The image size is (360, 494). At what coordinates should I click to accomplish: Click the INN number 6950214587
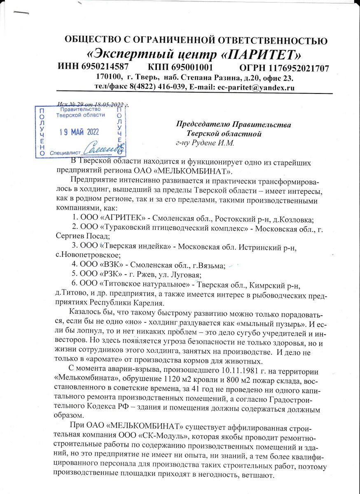click(x=102, y=67)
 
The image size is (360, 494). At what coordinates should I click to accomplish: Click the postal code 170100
click(x=109, y=77)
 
